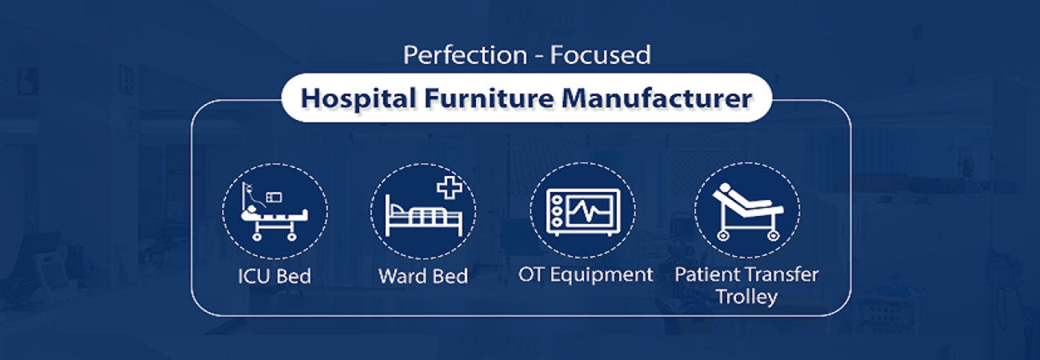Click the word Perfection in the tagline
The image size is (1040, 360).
click(x=466, y=55)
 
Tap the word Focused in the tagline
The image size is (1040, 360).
click(x=600, y=55)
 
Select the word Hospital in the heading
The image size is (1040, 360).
click(x=358, y=99)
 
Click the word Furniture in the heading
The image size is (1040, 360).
click(x=489, y=98)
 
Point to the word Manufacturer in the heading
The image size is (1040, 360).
click(x=657, y=98)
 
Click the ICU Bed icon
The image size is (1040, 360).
click(x=274, y=211)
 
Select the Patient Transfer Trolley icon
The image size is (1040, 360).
click(x=746, y=211)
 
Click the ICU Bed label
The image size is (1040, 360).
click(x=274, y=276)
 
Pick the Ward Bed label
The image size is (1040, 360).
click(x=423, y=276)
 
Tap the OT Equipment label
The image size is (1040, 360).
click(x=586, y=275)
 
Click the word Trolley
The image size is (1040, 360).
click(x=746, y=297)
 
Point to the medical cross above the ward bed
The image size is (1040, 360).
click(x=450, y=187)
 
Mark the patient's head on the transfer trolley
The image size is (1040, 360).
click(x=723, y=189)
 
